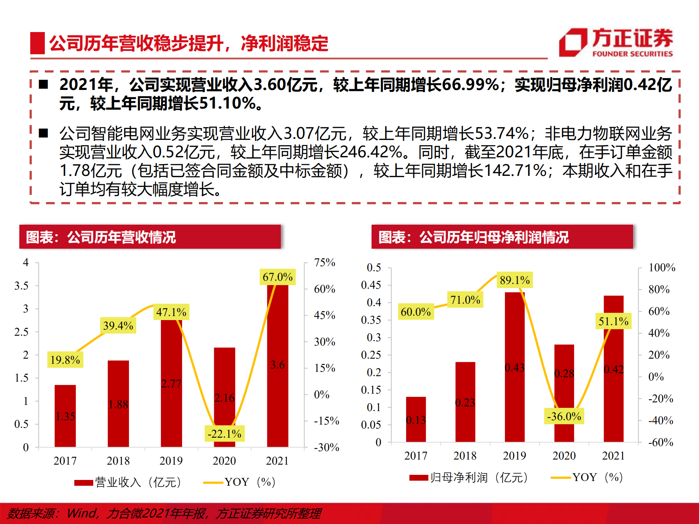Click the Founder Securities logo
616,43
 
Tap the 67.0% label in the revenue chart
278,277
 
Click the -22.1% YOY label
224,434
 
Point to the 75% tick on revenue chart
324,263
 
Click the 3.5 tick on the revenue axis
21,286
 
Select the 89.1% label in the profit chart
515,280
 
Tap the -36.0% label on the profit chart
564,416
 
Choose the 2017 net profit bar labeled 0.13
416,419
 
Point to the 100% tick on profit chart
661,268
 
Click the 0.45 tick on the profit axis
371,285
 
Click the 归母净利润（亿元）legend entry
469,477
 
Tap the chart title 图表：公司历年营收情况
101,237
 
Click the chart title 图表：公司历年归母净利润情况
474,237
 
